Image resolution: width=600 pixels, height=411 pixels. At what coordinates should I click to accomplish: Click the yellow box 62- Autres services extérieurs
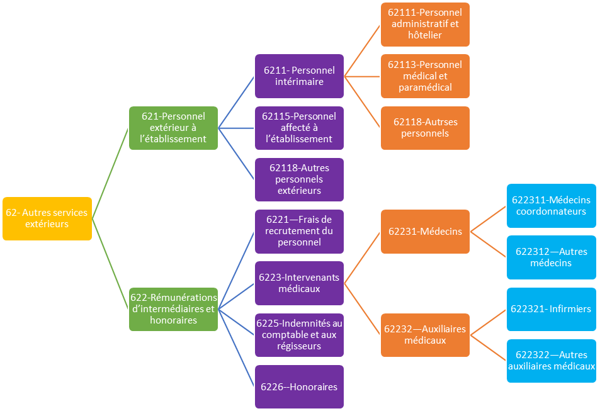47,218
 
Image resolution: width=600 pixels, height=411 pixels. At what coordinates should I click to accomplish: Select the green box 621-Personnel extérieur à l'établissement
174,128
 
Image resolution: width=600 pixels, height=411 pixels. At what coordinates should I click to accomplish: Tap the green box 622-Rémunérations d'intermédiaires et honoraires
174,309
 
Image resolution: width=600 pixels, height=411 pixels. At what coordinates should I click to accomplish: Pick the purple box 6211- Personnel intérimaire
299,76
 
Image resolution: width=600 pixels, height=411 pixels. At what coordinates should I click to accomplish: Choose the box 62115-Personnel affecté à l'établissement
299,128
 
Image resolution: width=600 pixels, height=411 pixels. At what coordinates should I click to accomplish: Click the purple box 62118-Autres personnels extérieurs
299,179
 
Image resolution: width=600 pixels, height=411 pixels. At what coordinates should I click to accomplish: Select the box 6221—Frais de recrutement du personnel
299,231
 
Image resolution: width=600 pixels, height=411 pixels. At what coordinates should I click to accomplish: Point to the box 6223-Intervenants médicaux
299,283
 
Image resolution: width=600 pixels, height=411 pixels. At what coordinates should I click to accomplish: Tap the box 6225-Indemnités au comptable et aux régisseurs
299,335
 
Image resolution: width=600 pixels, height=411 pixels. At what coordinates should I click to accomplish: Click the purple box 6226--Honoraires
299,386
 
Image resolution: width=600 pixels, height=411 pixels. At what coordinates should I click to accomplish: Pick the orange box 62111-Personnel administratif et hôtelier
425,25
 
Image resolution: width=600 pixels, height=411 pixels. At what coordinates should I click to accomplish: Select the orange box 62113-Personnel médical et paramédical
425,76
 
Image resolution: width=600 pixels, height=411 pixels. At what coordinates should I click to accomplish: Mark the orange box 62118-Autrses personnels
425,128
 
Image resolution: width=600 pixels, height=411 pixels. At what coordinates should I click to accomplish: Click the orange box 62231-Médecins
425,231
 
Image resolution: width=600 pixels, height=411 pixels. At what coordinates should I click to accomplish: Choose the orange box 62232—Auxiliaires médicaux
425,335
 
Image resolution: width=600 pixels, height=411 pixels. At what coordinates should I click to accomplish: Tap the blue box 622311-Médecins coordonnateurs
552,205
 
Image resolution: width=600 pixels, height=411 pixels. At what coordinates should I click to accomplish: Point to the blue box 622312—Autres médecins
552,257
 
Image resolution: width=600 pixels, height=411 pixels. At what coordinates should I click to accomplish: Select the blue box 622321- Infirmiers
552,309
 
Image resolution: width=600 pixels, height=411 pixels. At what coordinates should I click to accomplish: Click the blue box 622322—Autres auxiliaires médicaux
552,361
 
